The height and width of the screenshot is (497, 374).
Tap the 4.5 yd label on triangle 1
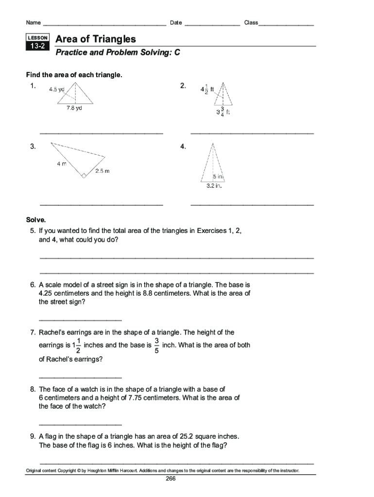pos(57,89)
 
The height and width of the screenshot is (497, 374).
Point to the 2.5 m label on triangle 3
pos(102,171)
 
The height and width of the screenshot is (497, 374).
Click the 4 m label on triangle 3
pos(61,164)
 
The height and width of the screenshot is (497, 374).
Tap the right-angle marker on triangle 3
pos(84,176)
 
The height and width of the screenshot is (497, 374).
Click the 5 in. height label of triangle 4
pos(218,177)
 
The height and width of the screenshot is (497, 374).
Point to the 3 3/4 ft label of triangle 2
pos(223,112)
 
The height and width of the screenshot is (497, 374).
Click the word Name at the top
pos(33,23)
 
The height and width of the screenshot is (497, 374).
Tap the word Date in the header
pos(176,23)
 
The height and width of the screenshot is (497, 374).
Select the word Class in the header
pos(251,23)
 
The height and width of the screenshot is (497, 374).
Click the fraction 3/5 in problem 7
pos(156,345)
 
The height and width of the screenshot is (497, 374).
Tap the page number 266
pos(170,479)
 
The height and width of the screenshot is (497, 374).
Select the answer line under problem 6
pos(80,320)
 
